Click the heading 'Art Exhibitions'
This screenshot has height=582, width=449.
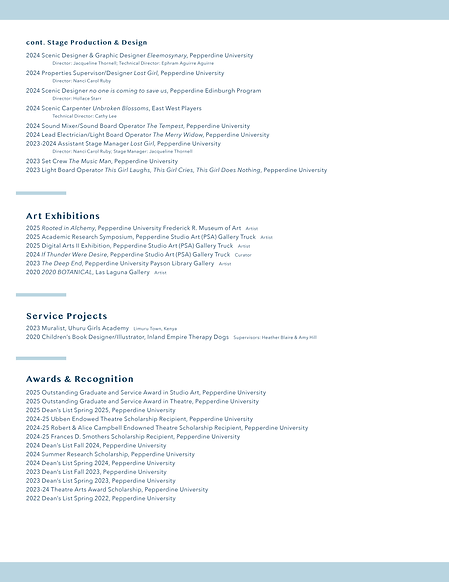tap(63, 216)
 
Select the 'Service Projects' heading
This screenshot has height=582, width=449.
tap(66, 316)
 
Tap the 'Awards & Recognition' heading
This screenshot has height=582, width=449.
tap(80, 379)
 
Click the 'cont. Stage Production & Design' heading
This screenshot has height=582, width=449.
tap(86, 43)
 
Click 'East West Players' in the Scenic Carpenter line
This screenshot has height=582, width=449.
tap(177, 108)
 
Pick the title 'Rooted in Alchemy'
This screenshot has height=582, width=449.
tap(68, 228)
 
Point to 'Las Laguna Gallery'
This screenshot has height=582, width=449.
tap(123, 272)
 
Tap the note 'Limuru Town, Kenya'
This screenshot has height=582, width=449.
tap(155, 329)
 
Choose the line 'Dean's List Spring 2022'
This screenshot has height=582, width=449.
tap(87, 498)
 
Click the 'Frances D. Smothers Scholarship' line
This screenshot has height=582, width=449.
tap(133, 436)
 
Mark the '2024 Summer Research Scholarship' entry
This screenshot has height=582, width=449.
tap(110, 454)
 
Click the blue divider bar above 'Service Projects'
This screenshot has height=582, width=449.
tap(42, 294)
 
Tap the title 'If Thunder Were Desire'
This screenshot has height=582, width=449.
tap(75, 254)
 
